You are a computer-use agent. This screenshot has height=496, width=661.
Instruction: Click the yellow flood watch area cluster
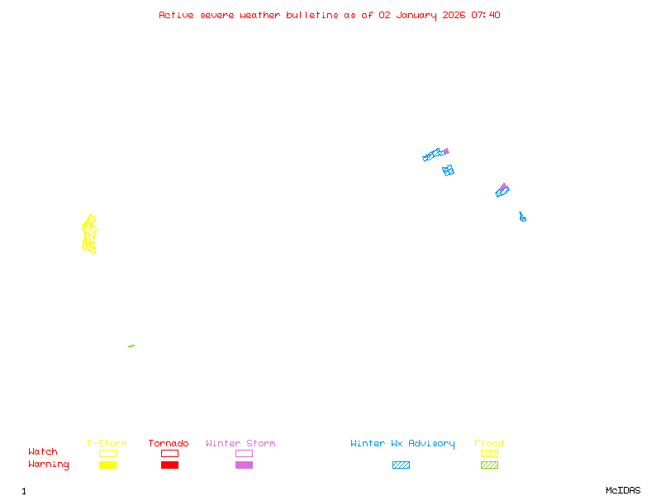tap(89, 235)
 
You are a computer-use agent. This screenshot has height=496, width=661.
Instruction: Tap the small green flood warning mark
tap(131, 346)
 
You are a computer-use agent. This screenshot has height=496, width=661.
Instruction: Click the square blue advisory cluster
tap(448, 170)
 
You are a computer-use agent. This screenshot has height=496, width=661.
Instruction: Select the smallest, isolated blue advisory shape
tap(522, 217)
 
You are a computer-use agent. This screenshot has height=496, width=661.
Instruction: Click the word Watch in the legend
tap(43, 452)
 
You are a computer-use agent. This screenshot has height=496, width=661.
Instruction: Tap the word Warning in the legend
tap(49, 465)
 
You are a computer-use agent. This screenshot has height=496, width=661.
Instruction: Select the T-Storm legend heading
tap(107, 444)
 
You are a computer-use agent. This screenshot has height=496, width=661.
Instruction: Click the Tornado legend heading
tap(169, 444)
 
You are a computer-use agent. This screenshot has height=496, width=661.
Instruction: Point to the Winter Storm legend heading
tap(240, 444)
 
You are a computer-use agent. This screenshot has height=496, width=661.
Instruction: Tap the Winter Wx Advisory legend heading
tap(402, 444)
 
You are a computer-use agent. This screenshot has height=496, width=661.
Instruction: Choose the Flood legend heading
tap(489, 444)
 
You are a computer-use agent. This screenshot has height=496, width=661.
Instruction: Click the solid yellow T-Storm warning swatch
tap(107, 465)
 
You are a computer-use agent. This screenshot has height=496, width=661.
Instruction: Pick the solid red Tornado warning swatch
tap(169, 465)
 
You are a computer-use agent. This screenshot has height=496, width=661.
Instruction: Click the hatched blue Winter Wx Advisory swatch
tap(401, 465)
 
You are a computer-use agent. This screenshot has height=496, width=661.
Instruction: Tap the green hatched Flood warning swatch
tap(489, 465)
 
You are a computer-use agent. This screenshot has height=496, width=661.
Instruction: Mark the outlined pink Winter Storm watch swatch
tap(244, 453)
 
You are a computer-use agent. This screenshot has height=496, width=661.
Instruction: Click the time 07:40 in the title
tap(486, 15)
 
